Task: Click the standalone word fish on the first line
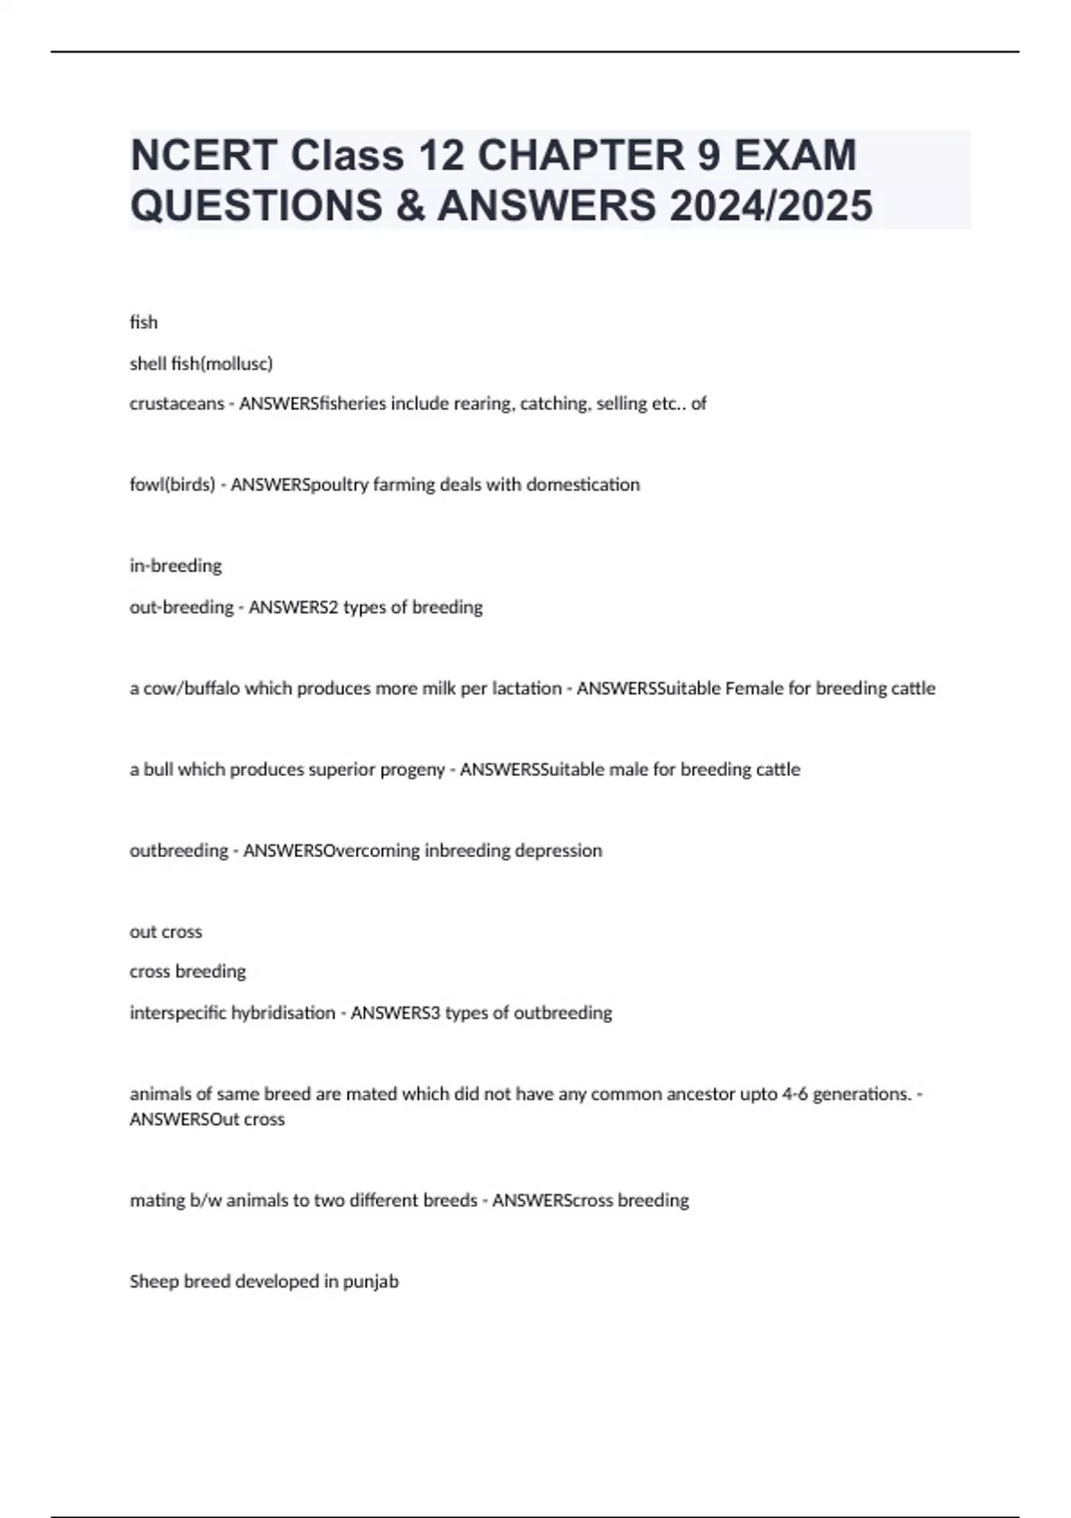pyautogui.click(x=144, y=322)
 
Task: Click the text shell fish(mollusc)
pyautogui.click(x=201, y=363)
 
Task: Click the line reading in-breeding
pyautogui.click(x=176, y=566)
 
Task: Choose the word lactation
pyautogui.click(x=527, y=688)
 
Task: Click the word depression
pyautogui.click(x=560, y=851)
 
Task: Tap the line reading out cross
pyautogui.click(x=166, y=932)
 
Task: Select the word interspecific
pyautogui.click(x=178, y=1013)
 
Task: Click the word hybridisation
pyautogui.click(x=283, y=1013)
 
